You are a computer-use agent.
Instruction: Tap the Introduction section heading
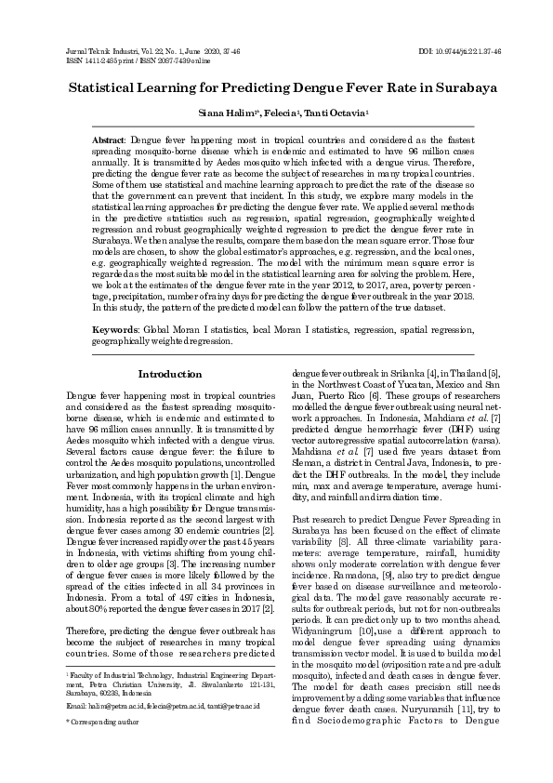[169, 374]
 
